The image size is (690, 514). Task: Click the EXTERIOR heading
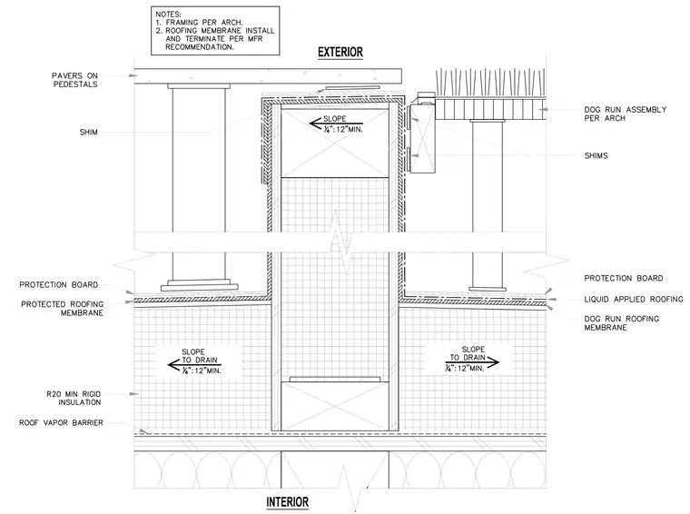click(x=340, y=53)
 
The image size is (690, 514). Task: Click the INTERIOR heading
click(x=288, y=502)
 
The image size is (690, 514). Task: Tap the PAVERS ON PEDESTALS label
click(x=74, y=80)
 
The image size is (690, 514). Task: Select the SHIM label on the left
click(x=88, y=132)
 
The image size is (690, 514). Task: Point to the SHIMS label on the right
click(x=596, y=156)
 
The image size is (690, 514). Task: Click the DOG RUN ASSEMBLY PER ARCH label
click(x=625, y=114)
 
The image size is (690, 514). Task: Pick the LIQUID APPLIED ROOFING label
click(x=634, y=300)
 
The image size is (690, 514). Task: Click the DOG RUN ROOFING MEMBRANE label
click(x=621, y=323)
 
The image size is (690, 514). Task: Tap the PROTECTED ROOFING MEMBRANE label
click(x=62, y=309)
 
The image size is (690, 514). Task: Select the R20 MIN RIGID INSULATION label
click(x=74, y=398)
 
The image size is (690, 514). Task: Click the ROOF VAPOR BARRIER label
click(x=61, y=422)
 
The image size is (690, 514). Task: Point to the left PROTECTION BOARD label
click(x=58, y=285)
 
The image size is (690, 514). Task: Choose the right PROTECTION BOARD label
click(x=623, y=278)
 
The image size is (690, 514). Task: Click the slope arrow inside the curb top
click(x=336, y=124)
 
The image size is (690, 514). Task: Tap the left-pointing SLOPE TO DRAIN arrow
click(x=194, y=364)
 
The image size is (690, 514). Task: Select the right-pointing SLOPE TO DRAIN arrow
click(x=472, y=362)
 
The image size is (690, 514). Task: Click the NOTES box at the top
click(x=215, y=31)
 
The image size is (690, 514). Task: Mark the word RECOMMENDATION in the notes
click(x=200, y=46)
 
